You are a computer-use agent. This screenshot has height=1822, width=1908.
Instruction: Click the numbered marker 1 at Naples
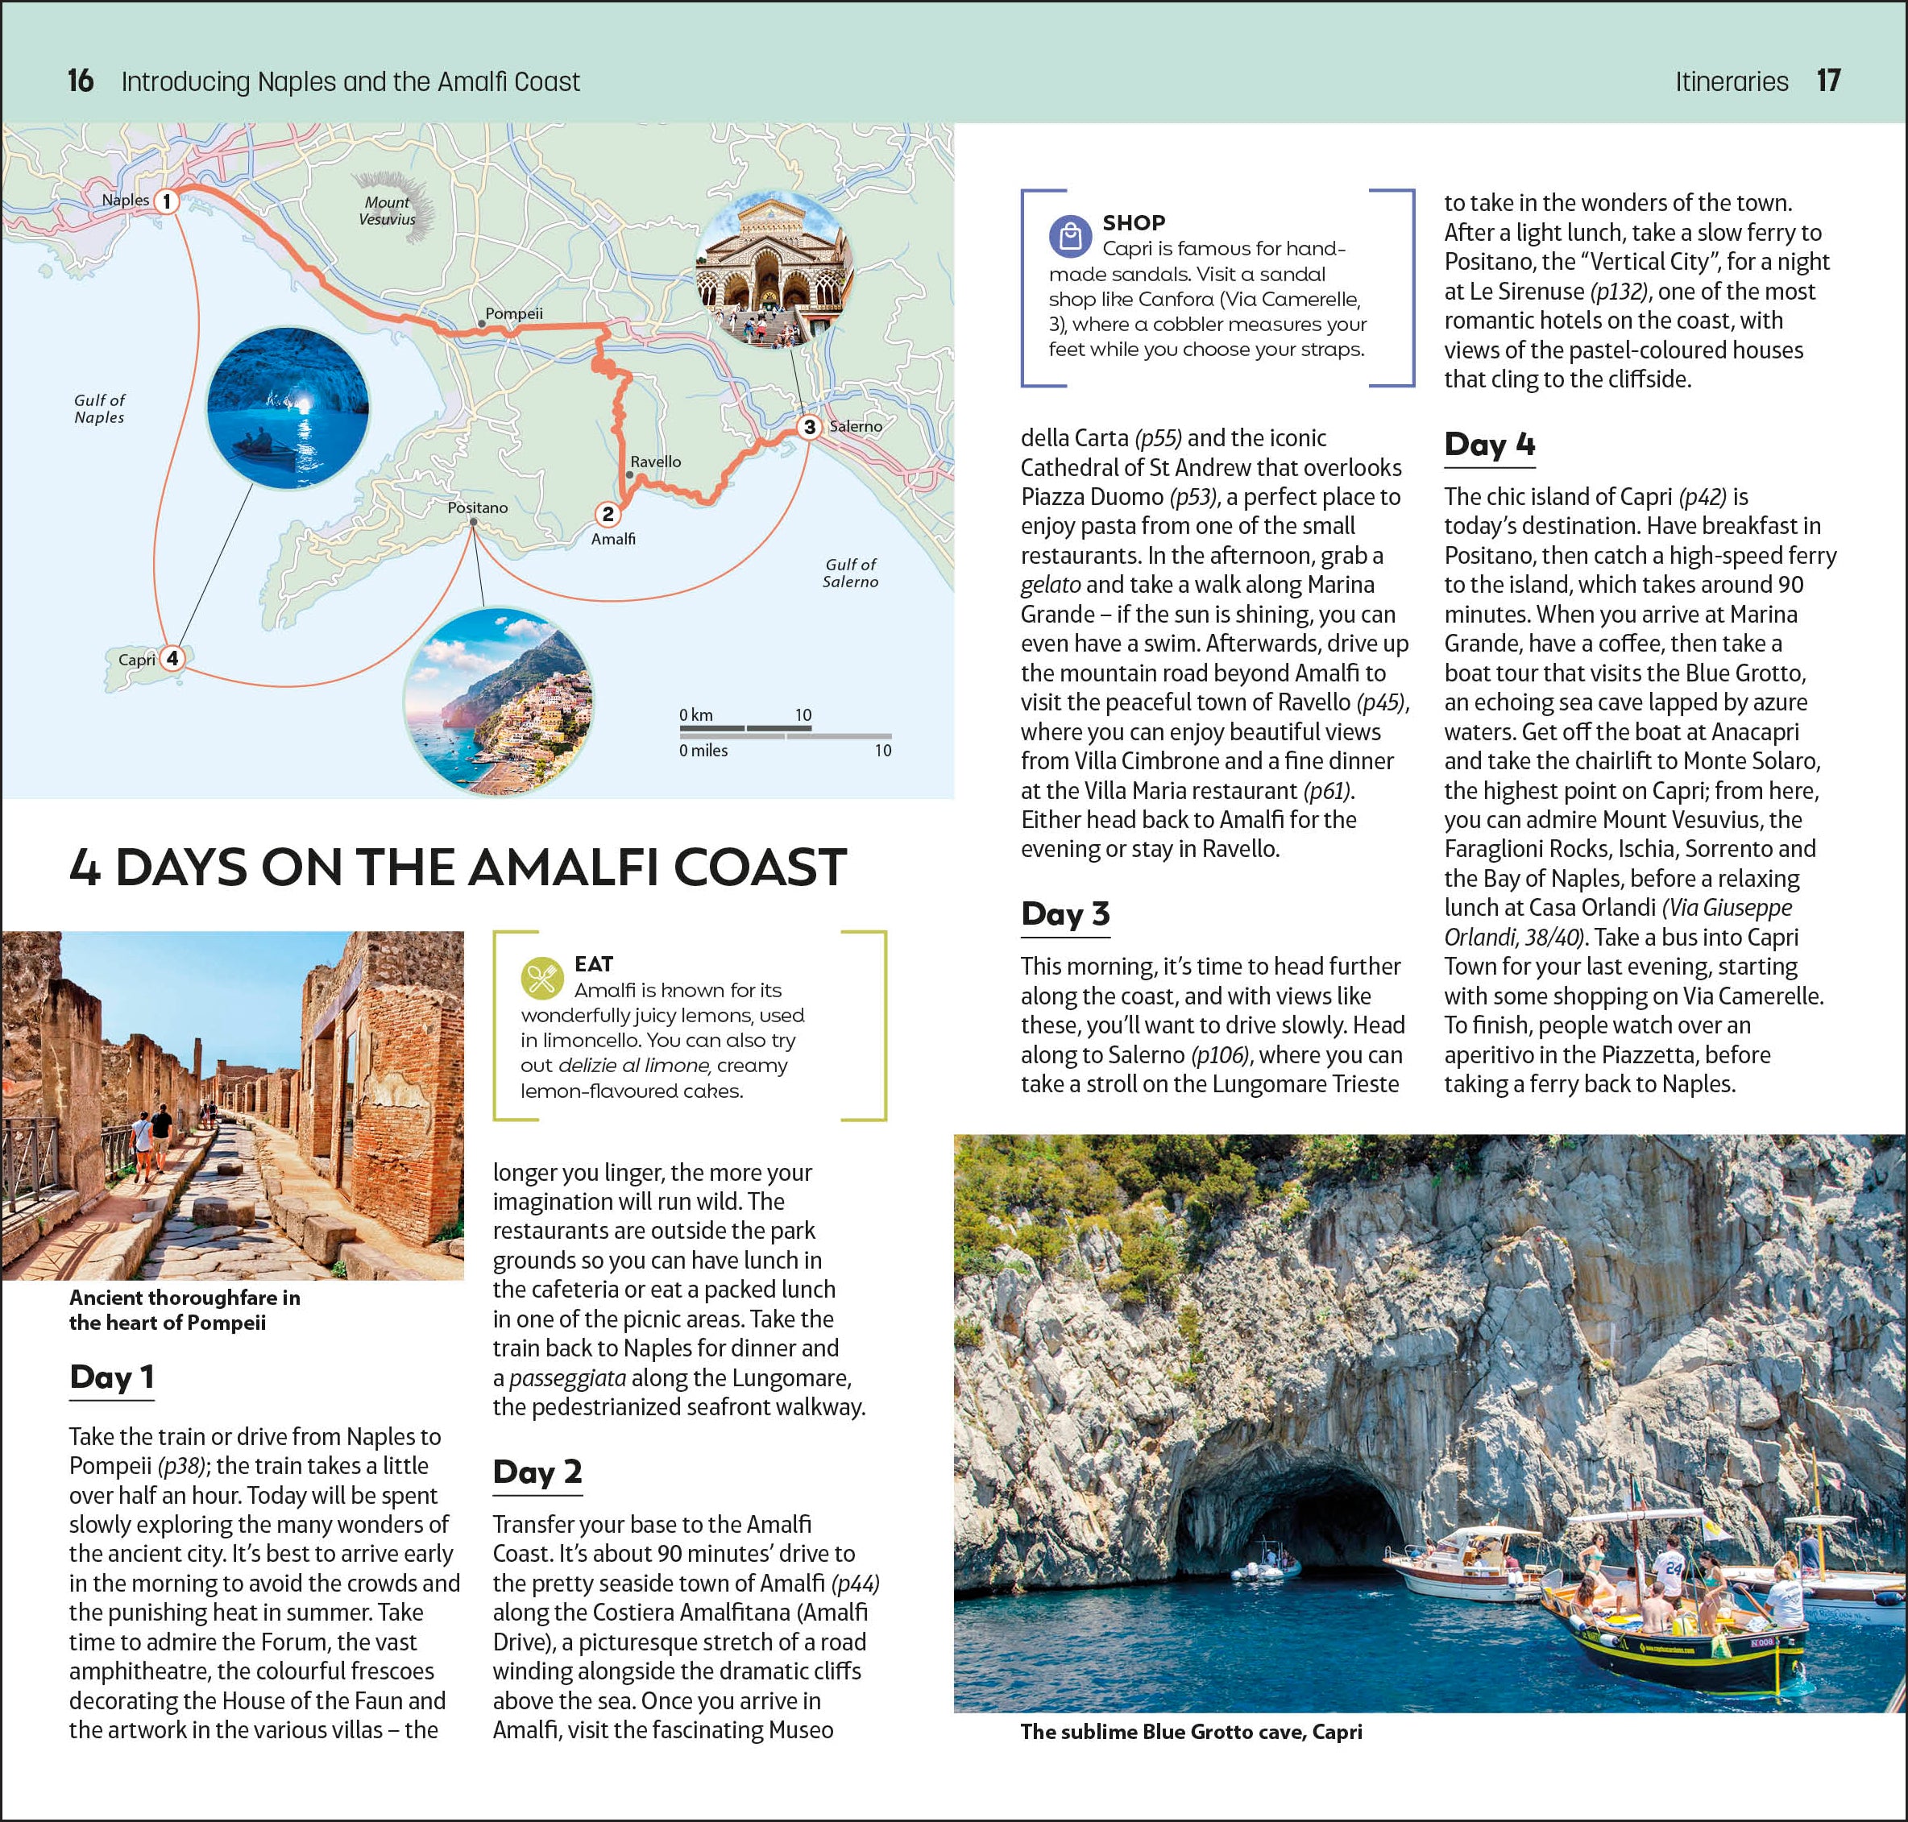(167, 201)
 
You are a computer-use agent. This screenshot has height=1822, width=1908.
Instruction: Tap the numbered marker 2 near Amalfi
(608, 514)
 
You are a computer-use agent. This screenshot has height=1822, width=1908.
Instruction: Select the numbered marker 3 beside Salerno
(809, 426)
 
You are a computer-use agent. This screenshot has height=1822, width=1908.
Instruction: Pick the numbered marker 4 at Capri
(172, 659)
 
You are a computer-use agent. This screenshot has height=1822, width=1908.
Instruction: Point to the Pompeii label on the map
(514, 313)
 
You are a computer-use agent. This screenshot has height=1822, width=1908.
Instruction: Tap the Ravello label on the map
(656, 462)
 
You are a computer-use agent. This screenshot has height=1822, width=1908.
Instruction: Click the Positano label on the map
(477, 507)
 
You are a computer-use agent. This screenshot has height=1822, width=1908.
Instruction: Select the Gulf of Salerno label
(850, 573)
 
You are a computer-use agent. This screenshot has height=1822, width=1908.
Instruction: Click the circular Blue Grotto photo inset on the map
(288, 406)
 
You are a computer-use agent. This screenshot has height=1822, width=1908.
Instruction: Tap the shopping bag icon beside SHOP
(1069, 236)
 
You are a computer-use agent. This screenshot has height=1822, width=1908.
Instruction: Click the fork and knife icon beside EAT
(541, 978)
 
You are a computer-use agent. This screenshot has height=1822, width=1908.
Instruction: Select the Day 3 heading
(1064, 914)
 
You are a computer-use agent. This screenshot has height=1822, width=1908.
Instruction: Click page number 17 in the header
(1828, 81)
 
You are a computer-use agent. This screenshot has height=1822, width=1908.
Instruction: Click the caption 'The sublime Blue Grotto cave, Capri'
(1191, 1732)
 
